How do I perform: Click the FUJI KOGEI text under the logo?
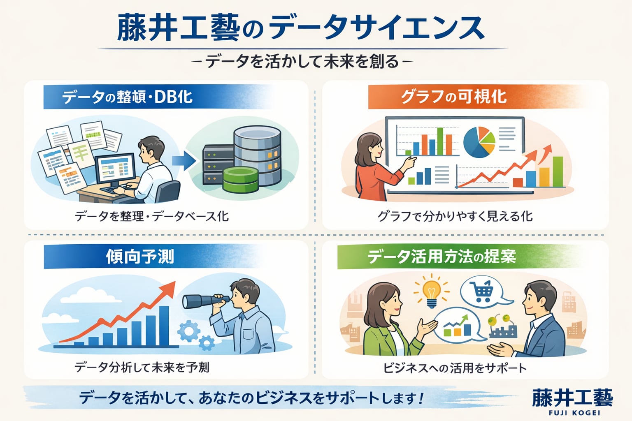(574, 413)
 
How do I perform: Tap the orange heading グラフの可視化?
(454, 97)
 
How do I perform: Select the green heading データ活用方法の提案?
(441, 257)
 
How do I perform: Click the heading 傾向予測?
(140, 257)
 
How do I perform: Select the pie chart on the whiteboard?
(479, 142)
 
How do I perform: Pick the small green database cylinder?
(240, 179)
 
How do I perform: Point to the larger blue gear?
(189, 331)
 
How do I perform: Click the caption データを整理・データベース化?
(151, 216)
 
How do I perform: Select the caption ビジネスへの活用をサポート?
(455, 368)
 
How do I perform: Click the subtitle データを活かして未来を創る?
(302, 61)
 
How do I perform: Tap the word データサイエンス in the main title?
(376, 28)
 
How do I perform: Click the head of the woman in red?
(369, 148)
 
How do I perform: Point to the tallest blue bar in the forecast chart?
(164, 326)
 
